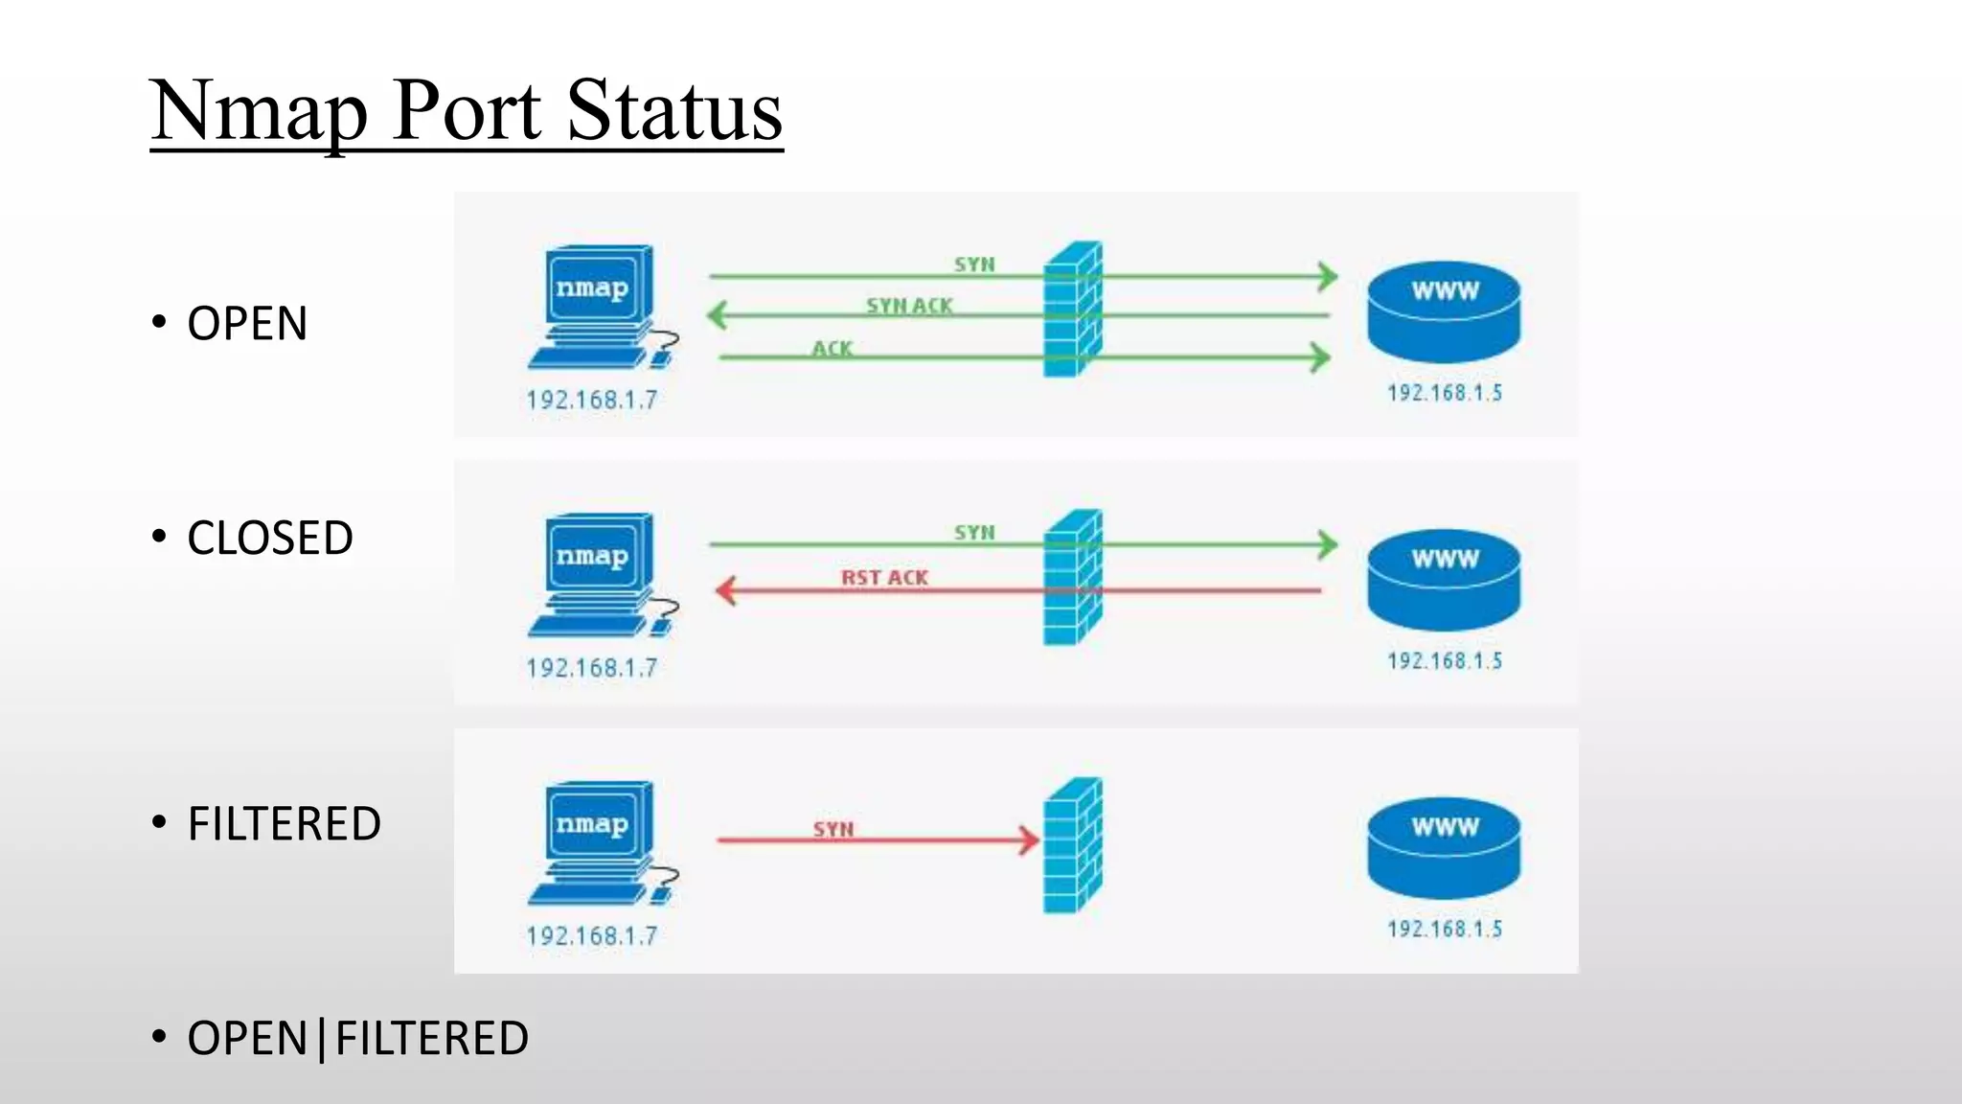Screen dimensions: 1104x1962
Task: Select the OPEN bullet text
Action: (x=247, y=323)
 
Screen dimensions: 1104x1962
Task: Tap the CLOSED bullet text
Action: (x=270, y=538)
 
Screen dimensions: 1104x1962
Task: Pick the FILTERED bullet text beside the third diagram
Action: (x=284, y=823)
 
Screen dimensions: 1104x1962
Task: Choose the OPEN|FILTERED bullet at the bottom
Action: (x=357, y=1038)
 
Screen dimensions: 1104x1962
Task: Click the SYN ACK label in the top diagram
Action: (x=909, y=306)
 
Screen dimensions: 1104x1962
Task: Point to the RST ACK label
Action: (x=884, y=578)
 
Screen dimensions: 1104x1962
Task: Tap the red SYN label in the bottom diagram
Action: (x=833, y=829)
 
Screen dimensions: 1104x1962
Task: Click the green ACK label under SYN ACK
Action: (x=832, y=349)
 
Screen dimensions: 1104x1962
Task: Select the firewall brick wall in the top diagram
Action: (x=1073, y=309)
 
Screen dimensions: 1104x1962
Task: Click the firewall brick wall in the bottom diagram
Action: (x=1073, y=845)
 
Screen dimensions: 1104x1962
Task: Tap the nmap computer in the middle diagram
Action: (x=600, y=575)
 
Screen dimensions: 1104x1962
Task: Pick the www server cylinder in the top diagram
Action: (x=1444, y=311)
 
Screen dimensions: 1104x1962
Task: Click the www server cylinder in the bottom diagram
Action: (x=1444, y=848)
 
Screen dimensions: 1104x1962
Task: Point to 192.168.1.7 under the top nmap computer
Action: (x=592, y=400)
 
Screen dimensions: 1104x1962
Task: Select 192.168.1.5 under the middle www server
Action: (x=1445, y=661)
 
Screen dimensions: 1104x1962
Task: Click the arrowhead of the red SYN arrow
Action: (x=1030, y=840)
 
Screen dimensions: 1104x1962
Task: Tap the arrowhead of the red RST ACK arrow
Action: (x=726, y=590)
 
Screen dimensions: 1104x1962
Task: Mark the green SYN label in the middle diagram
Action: (x=974, y=533)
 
